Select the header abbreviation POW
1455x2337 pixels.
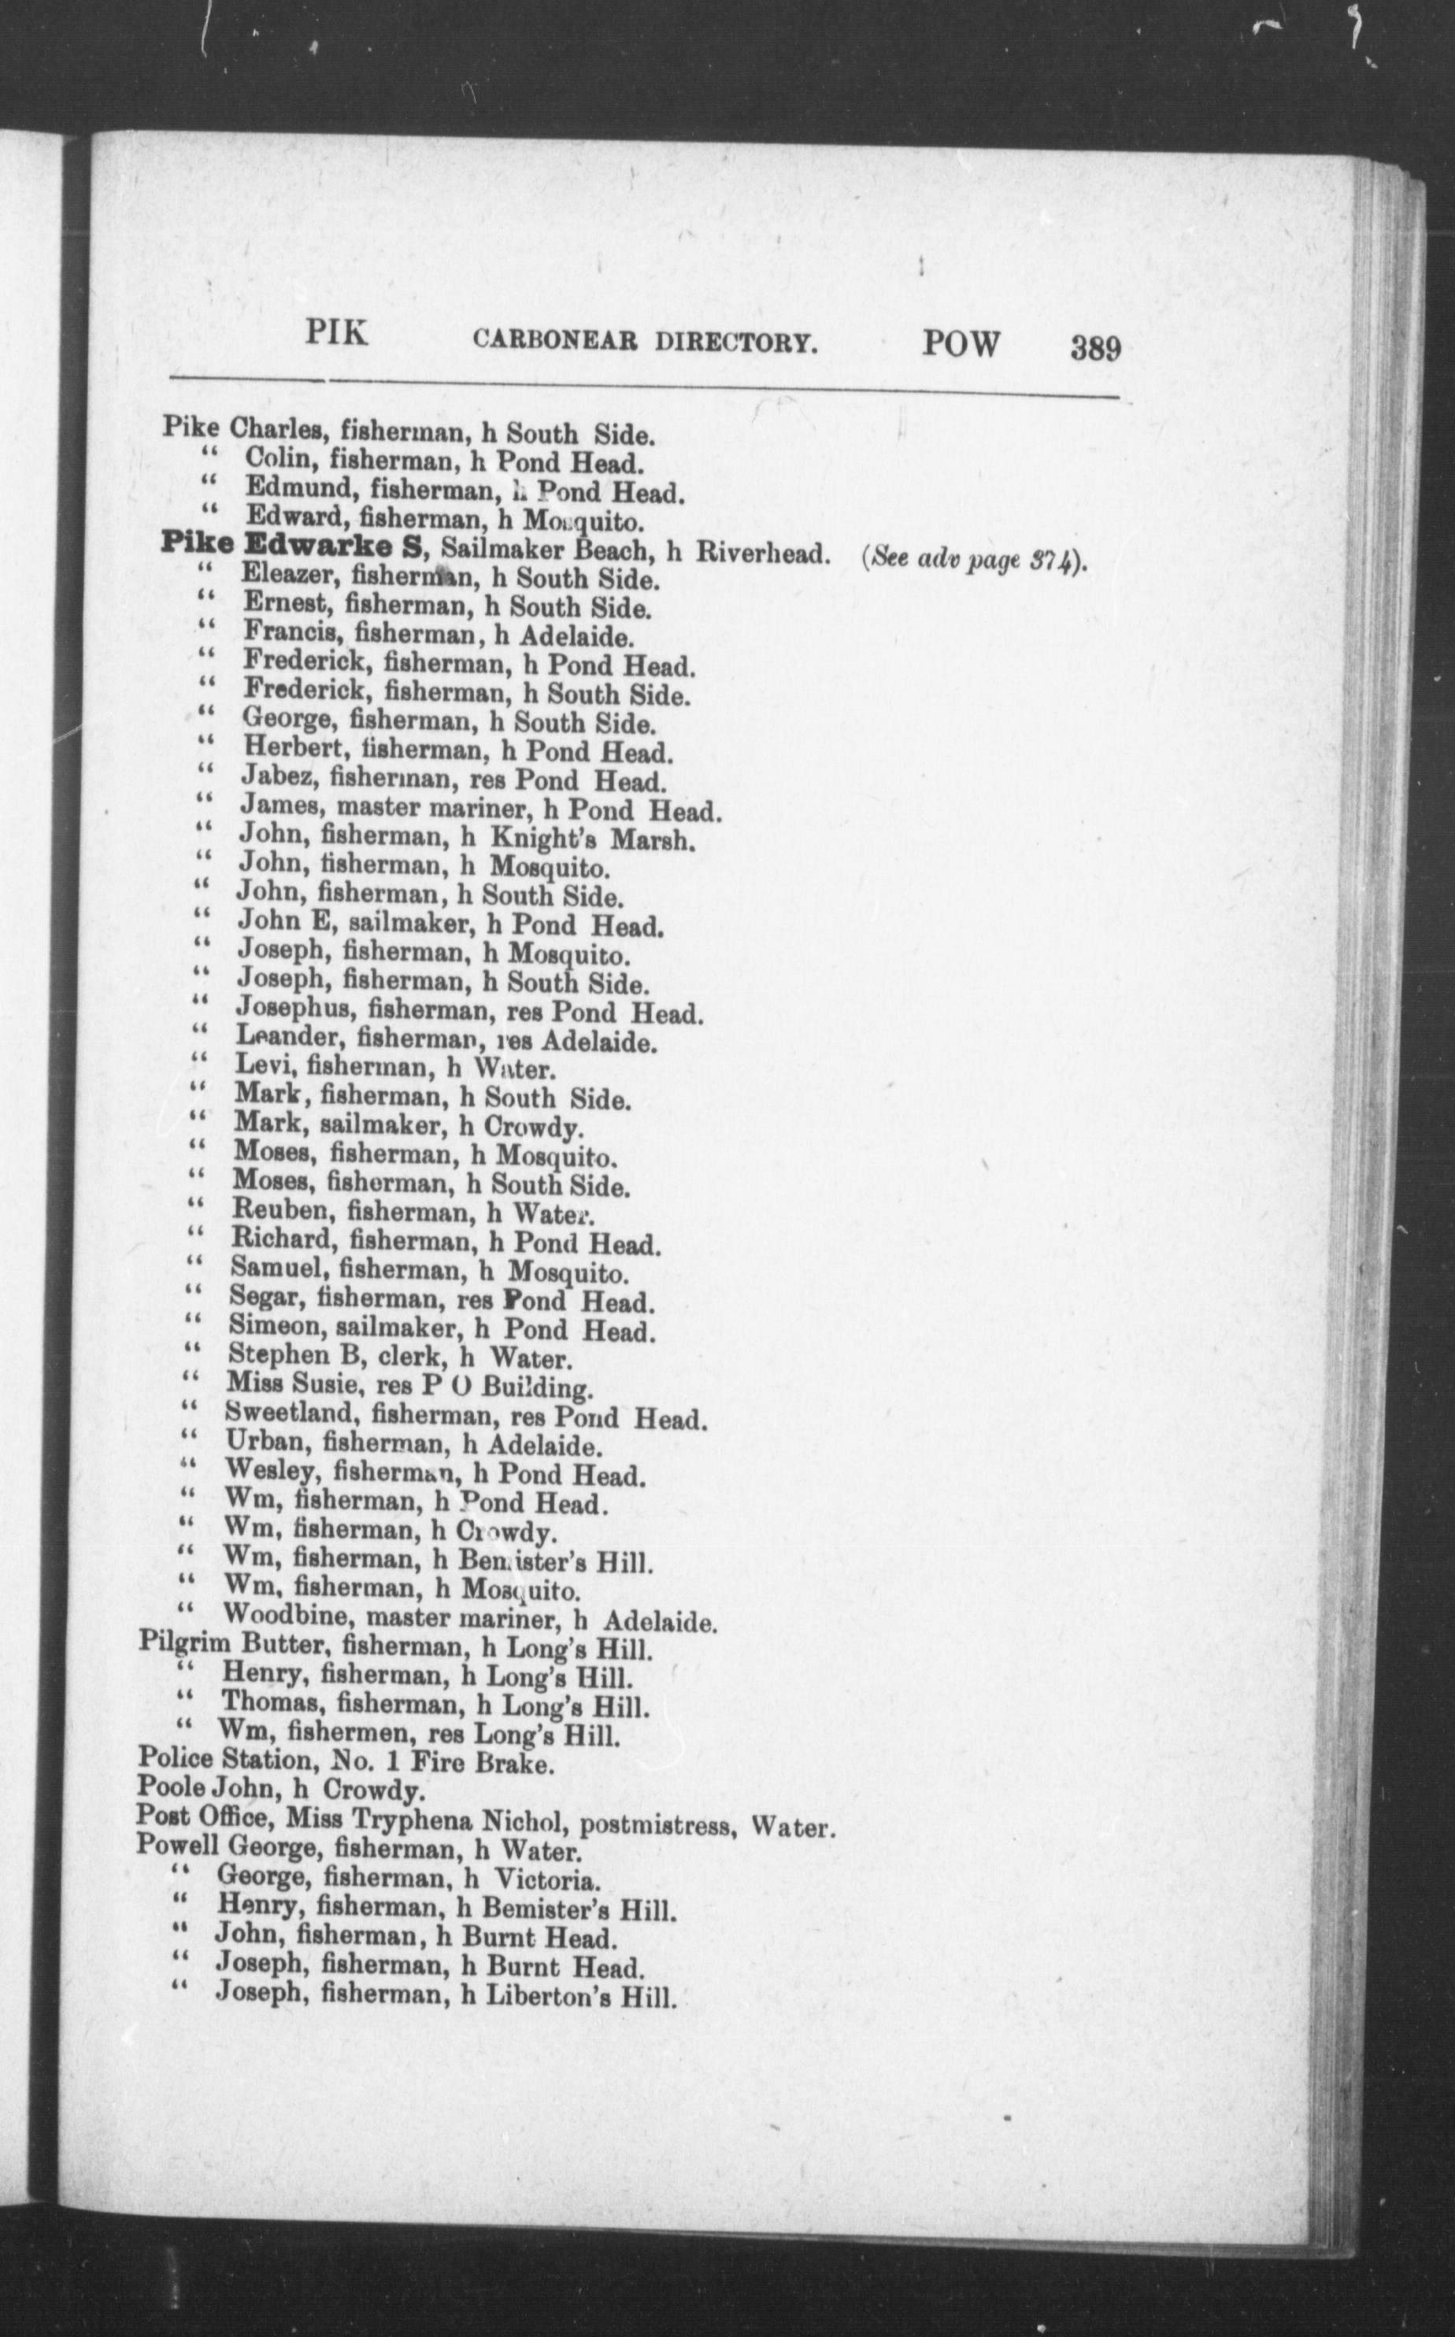pos(961,343)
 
